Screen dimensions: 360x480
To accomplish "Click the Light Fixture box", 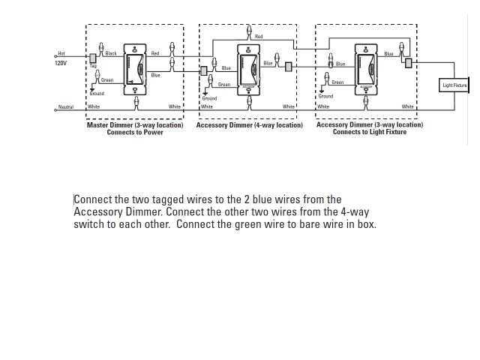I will pyautogui.click(x=454, y=86).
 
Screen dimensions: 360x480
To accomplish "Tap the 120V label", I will pyautogui.click(x=61, y=64).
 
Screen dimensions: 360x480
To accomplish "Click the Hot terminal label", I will pyautogui.click(x=61, y=54).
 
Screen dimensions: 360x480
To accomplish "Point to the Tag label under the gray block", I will pyautogui.click(x=94, y=66).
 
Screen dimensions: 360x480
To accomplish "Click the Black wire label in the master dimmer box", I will pyautogui.click(x=111, y=54).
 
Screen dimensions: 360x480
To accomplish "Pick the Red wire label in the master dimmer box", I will pyautogui.click(x=154, y=54).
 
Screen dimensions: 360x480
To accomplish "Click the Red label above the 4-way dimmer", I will pyautogui.click(x=259, y=37).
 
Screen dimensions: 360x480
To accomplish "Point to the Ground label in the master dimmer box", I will pyautogui.click(x=97, y=94).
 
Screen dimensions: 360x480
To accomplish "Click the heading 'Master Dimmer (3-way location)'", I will pyautogui.click(x=135, y=125).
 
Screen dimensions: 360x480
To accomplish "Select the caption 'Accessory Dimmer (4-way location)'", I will pyautogui.click(x=250, y=125).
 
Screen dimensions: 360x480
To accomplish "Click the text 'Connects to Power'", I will pyautogui.click(x=135, y=133).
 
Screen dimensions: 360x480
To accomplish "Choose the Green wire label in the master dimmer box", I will pyautogui.click(x=107, y=79).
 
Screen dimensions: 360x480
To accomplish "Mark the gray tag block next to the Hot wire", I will pyautogui.click(x=92, y=57).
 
